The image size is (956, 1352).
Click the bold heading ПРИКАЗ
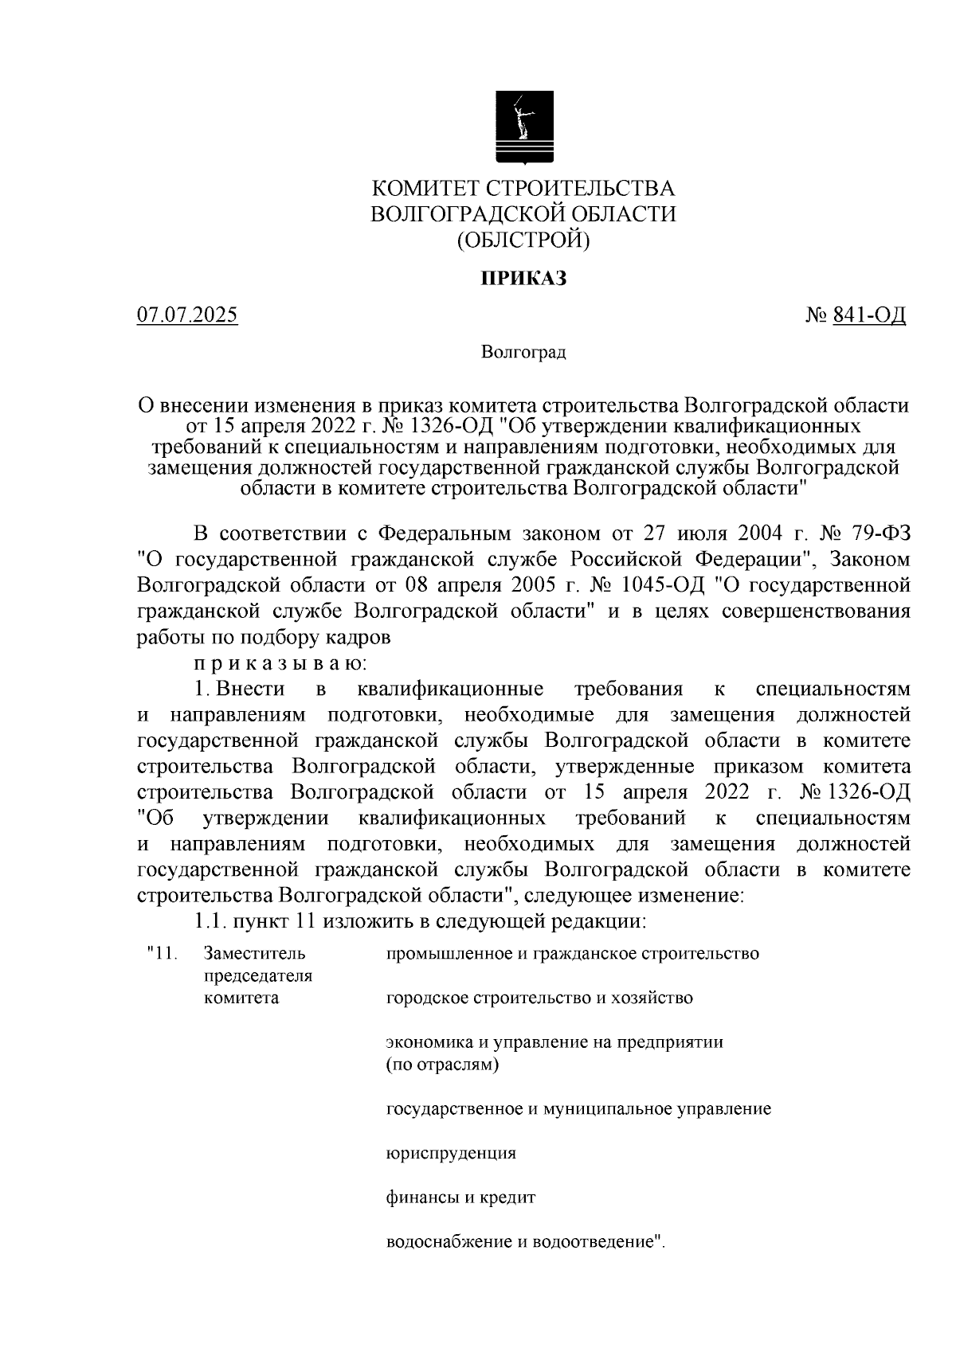pyautogui.click(x=523, y=279)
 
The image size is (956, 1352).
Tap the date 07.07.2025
pyautogui.click(x=187, y=315)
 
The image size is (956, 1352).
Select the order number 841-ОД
pyautogui.click(x=869, y=315)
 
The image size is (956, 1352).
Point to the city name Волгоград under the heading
pyautogui.click(x=523, y=352)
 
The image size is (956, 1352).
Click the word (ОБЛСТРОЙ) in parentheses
pyautogui.click(x=523, y=240)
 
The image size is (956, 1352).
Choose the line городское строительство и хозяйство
pyautogui.click(x=539, y=998)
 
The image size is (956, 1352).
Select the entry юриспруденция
pyautogui.click(x=451, y=1153)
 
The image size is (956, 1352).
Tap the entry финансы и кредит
pyautogui.click(x=460, y=1198)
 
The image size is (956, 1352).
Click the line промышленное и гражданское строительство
pyautogui.click(x=572, y=953)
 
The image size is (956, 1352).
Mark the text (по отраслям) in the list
pyautogui.click(x=442, y=1065)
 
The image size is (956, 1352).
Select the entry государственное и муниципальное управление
pyautogui.click(x=578, y=1108)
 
